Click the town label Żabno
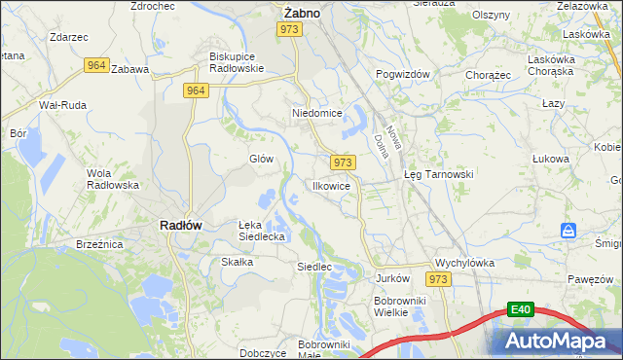coord(302,13)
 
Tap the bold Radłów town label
coord(180,225)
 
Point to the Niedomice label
coord(317,114)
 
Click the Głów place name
coord(261,159)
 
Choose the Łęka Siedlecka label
coord(262,230)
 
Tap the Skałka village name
coord(238,262)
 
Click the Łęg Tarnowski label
coord(438,174)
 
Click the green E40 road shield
coord(521,310)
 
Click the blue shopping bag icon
coord(569,231)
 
